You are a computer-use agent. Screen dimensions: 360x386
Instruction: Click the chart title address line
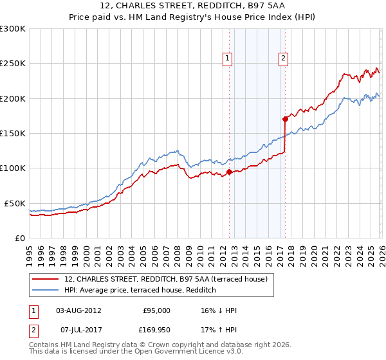click(x=192, y=6)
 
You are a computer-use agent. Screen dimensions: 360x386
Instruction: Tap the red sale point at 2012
click(x=229, y=172)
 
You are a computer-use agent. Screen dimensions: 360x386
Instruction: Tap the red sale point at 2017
click(x=284, y=119)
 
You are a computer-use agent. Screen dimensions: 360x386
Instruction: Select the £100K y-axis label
click(x=13, y=168)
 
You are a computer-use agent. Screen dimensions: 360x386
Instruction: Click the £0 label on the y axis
click(x=19, y=238)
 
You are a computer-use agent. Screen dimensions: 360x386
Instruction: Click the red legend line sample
click(x=46, y=279)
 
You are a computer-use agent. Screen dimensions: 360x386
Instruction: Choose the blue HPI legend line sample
click(x=46, y=290)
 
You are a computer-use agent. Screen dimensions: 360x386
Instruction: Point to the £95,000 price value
click(x=156, y=310)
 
